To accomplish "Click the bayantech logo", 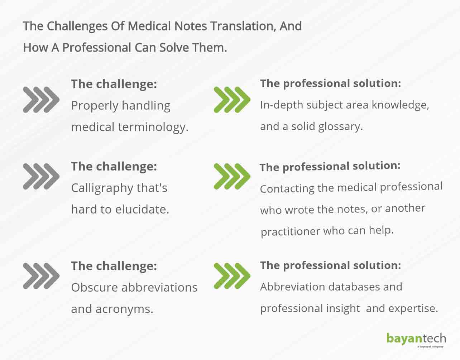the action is click(416, 340).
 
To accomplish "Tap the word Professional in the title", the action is click(96, 47).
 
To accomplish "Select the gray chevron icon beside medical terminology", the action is click(41, 100).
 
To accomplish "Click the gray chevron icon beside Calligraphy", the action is click(41, 176).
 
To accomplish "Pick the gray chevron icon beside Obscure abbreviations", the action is click(41, 276).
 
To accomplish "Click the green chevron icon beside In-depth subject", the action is click(232, 100).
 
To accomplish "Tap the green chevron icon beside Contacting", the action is click(232, 176).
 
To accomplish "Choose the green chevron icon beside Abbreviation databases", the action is click(232, 276).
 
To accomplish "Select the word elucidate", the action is click(142, 209).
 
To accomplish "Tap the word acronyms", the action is click(124, 309).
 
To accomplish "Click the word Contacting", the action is click(287, 189).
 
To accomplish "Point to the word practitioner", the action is click(290, 232).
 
